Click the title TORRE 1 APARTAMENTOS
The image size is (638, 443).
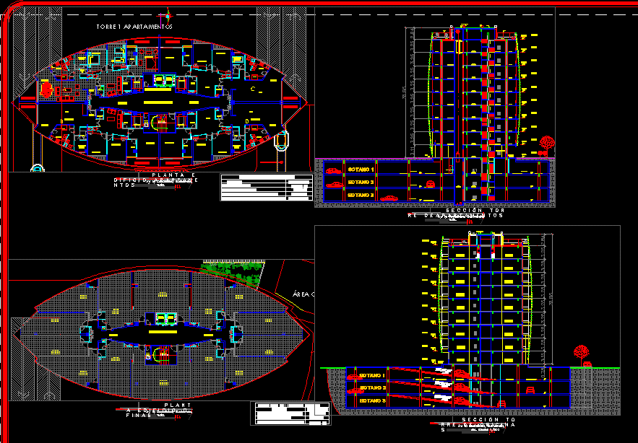tap(134, 27)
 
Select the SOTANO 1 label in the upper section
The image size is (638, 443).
tap(361, 170)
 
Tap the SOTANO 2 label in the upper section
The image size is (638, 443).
tap(361, 183)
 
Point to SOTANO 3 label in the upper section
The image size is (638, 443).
tap(361, 195)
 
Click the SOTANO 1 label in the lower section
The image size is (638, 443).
tap(372, 376)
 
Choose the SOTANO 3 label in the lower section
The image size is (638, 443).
tap(372, 400)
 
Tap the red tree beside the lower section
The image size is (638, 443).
tap(579, 353)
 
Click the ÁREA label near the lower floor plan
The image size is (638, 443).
tap(303, 294)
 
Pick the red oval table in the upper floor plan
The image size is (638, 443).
tap(48, 89)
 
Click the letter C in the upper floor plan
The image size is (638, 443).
tap(252, 89)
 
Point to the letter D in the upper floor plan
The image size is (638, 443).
tap(247, 120)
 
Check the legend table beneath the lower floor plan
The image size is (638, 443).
tap(290, 413)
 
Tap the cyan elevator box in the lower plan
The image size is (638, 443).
tap(167, 318)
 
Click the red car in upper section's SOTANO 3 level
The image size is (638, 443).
tap(389, 197)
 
